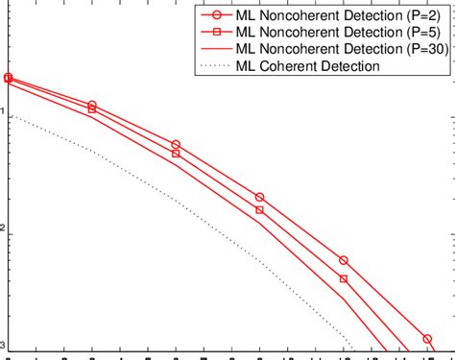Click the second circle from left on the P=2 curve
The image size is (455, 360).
pyautogui.click(x=92, y=105)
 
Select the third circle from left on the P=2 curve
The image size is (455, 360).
pyautogui.click(x=176, y=144)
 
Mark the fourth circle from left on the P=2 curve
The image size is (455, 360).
pyautogui.click(x=260, y=197)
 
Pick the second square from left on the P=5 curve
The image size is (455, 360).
pyautogui.click(x=92, y=109)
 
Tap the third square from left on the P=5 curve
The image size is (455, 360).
pyautogui.click(x=176, y=154)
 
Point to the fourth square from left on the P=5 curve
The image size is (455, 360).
pyautogui.click(x=260, y=210)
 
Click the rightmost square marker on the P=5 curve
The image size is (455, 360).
pyautogui.click(x=344, y=279)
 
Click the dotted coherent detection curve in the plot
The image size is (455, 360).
pyautogui.click(x=176, y=201)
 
